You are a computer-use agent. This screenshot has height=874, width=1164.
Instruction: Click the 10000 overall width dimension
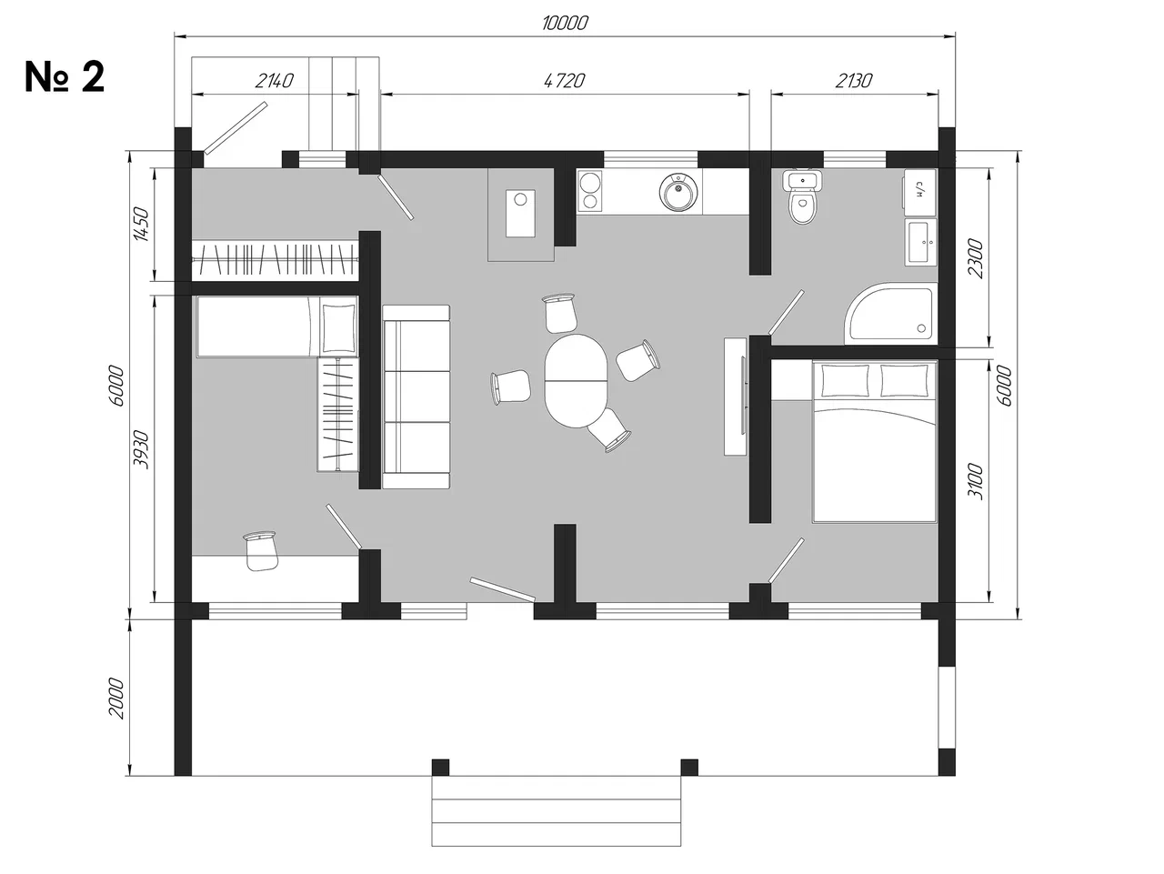[x=565, y=24]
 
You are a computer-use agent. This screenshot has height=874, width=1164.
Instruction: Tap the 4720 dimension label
[x=564, y=81]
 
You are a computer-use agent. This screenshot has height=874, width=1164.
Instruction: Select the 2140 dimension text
[x=274, y=81]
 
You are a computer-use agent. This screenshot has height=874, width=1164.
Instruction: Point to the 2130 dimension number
[x=854, y=81]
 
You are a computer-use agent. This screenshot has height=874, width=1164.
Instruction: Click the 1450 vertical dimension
[x=141, y=224]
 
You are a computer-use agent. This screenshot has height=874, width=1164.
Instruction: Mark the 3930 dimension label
[x=141, y=449]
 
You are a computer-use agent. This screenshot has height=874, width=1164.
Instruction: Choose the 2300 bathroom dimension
[x=976, y=258]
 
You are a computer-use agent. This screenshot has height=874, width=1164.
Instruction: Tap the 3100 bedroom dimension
[x=976, y=481]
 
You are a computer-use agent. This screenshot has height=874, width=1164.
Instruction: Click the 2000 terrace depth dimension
[x=116, y=698]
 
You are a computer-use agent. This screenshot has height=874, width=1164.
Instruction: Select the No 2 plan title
[x=65, y=77]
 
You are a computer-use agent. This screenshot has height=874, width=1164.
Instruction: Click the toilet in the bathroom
[x=803, y=196]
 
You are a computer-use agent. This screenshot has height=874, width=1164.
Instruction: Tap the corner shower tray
[x=890, y=314]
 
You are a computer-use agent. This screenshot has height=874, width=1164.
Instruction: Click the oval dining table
[x=576, y=381]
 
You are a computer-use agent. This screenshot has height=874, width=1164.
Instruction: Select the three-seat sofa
[x=416, y=397]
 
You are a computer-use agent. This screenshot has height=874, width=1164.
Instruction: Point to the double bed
[x=875, y=441]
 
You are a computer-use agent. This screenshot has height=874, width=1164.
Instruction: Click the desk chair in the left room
[x=260, y=550]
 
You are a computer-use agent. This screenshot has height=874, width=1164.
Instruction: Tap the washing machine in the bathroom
[x=920, y=192]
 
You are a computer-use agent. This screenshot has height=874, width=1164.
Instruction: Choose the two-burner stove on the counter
[x=589, y=191]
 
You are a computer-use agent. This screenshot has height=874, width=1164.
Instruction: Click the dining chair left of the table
[x=511, y=387]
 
